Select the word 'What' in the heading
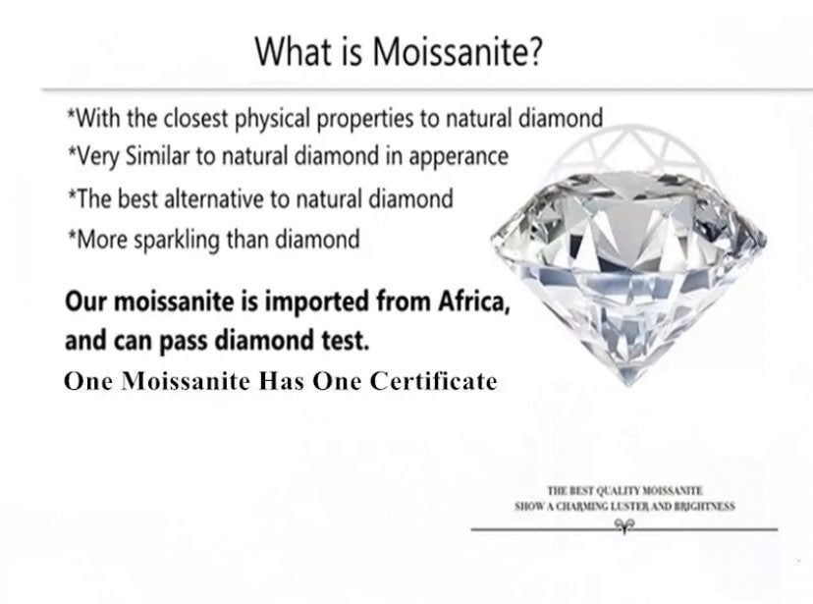pyautogui.click(x=292, y=51)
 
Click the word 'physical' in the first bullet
pyautogui.click(x=273, y=119)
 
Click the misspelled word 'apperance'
pyautogui.click(x=459, y=157)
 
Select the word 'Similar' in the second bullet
pyautogui.click(x=158, y=155)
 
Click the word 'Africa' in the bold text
pyautogui.click(x=474, y=301)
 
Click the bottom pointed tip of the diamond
pyautogui.click(x=629, y=386)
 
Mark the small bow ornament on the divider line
pyautogui.click(x=624, y=526)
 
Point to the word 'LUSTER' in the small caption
pyautogui.click(x=629, y=506)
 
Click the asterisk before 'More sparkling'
pyautogui.click(x=71, y=235)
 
